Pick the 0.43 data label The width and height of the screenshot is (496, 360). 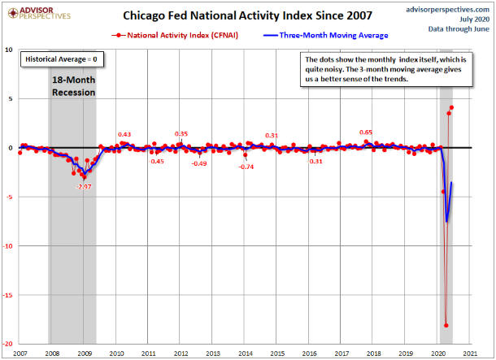(x=124, y=134)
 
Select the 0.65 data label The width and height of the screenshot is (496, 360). (x=367, y=132)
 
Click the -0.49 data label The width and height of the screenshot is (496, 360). (x=199, y=163)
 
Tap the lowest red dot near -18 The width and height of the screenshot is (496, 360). (x=446, y=326)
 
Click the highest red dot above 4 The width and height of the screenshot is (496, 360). (x=452, y=107)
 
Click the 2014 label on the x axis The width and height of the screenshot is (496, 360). (x=244, y=353)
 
